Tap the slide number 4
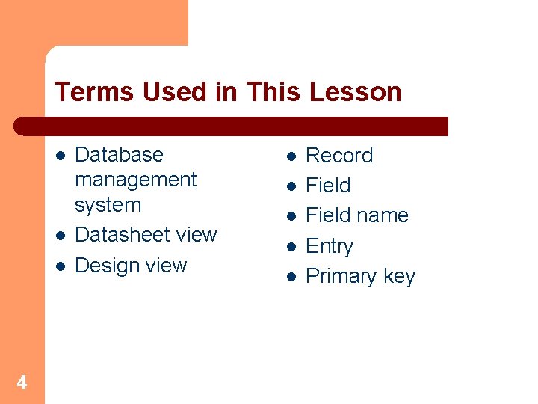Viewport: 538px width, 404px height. coord(22,383)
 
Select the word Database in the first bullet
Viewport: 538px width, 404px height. coord(119,155)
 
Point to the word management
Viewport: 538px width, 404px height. coord(135,180)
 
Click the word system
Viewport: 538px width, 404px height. coord(108,204)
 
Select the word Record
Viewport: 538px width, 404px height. coord(339,156)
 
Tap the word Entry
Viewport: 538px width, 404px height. coord(330,246)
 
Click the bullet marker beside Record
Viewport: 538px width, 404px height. coord(291,156)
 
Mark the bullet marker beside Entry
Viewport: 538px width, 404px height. coord(291,246)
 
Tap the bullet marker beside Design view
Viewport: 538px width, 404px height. coord(60,266)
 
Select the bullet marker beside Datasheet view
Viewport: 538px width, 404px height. coord(60,235)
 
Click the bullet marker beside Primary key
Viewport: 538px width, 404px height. coord(291,277)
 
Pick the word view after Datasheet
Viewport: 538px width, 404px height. coord(197,235)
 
